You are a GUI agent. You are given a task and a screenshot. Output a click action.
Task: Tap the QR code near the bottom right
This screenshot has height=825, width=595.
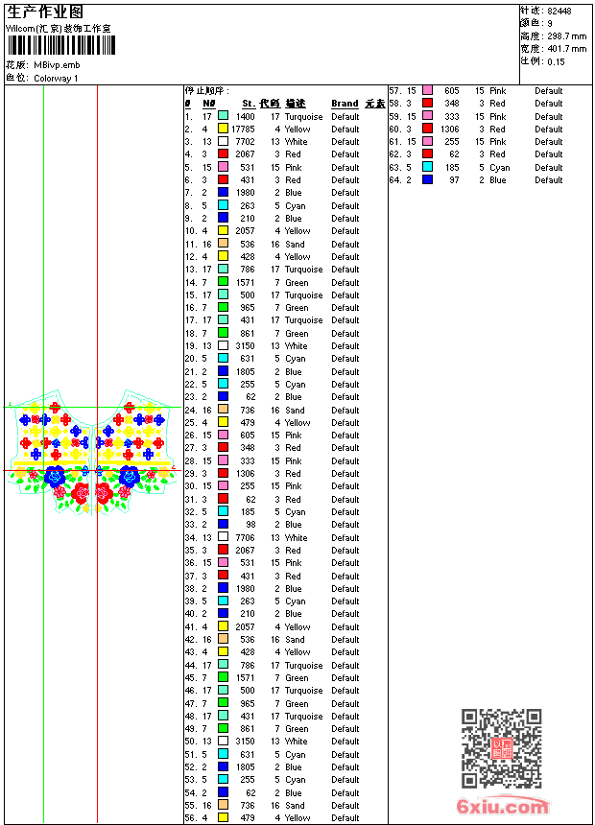click(x=501, y=748)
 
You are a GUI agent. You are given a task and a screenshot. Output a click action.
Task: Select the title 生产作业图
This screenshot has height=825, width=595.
click(x=46, y=12)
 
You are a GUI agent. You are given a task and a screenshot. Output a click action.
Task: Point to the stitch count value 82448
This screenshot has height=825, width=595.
click(x=559, y=11)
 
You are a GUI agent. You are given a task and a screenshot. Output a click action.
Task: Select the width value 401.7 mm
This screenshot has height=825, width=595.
click(x=565, y=48)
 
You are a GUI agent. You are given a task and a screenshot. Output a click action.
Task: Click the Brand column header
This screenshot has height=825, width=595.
click(x=345, y=104)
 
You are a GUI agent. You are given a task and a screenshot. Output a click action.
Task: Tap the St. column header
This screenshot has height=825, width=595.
click(x=249, y=104)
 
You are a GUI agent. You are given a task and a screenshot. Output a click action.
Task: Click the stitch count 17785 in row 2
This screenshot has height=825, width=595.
click(x=243, y=129)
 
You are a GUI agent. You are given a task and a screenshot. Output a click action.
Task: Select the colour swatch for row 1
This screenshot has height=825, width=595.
click(x=223, y=116)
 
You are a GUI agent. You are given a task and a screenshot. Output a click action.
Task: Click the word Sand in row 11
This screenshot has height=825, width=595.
click(x=295, y=244)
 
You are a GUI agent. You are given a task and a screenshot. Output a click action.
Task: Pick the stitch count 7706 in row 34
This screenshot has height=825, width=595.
click(x=245, y=537)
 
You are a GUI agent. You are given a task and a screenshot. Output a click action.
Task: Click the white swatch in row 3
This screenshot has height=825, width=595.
click(x=223, y=141)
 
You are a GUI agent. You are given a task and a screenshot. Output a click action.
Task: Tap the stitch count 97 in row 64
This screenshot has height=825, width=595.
click(x=454, y=179)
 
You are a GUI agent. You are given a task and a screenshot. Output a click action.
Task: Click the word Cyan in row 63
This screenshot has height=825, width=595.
click(x=499, y=167)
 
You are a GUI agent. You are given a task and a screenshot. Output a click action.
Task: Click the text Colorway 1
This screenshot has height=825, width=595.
click(x=56, y=78)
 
